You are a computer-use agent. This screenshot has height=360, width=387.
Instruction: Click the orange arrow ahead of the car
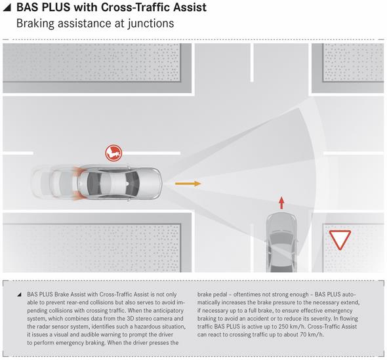click(188, 184)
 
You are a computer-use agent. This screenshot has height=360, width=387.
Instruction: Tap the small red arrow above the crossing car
click(281, 203)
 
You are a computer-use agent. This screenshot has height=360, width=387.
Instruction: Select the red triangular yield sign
click(340, 240)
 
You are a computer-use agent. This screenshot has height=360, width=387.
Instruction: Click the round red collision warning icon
click(113, 153)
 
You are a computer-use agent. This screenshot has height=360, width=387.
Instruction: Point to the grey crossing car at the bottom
click(281, 243)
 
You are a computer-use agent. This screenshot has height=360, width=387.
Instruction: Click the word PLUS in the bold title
click(56, 7)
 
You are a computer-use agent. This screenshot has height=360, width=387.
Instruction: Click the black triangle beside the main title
click(7, 8)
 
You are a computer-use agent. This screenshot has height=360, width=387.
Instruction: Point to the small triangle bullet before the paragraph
click(19, 294)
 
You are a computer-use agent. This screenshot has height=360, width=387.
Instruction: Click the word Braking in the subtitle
click(35, 24)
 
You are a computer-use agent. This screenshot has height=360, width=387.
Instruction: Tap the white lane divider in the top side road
click(252, 63)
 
